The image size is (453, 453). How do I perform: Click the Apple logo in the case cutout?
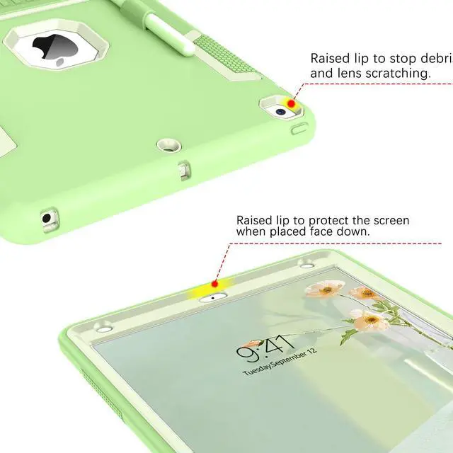[51, 50]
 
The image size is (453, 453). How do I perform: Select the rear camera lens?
[281, 110]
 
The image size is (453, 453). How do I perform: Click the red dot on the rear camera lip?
[291, 104]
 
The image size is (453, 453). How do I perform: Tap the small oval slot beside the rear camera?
[300, 129]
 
